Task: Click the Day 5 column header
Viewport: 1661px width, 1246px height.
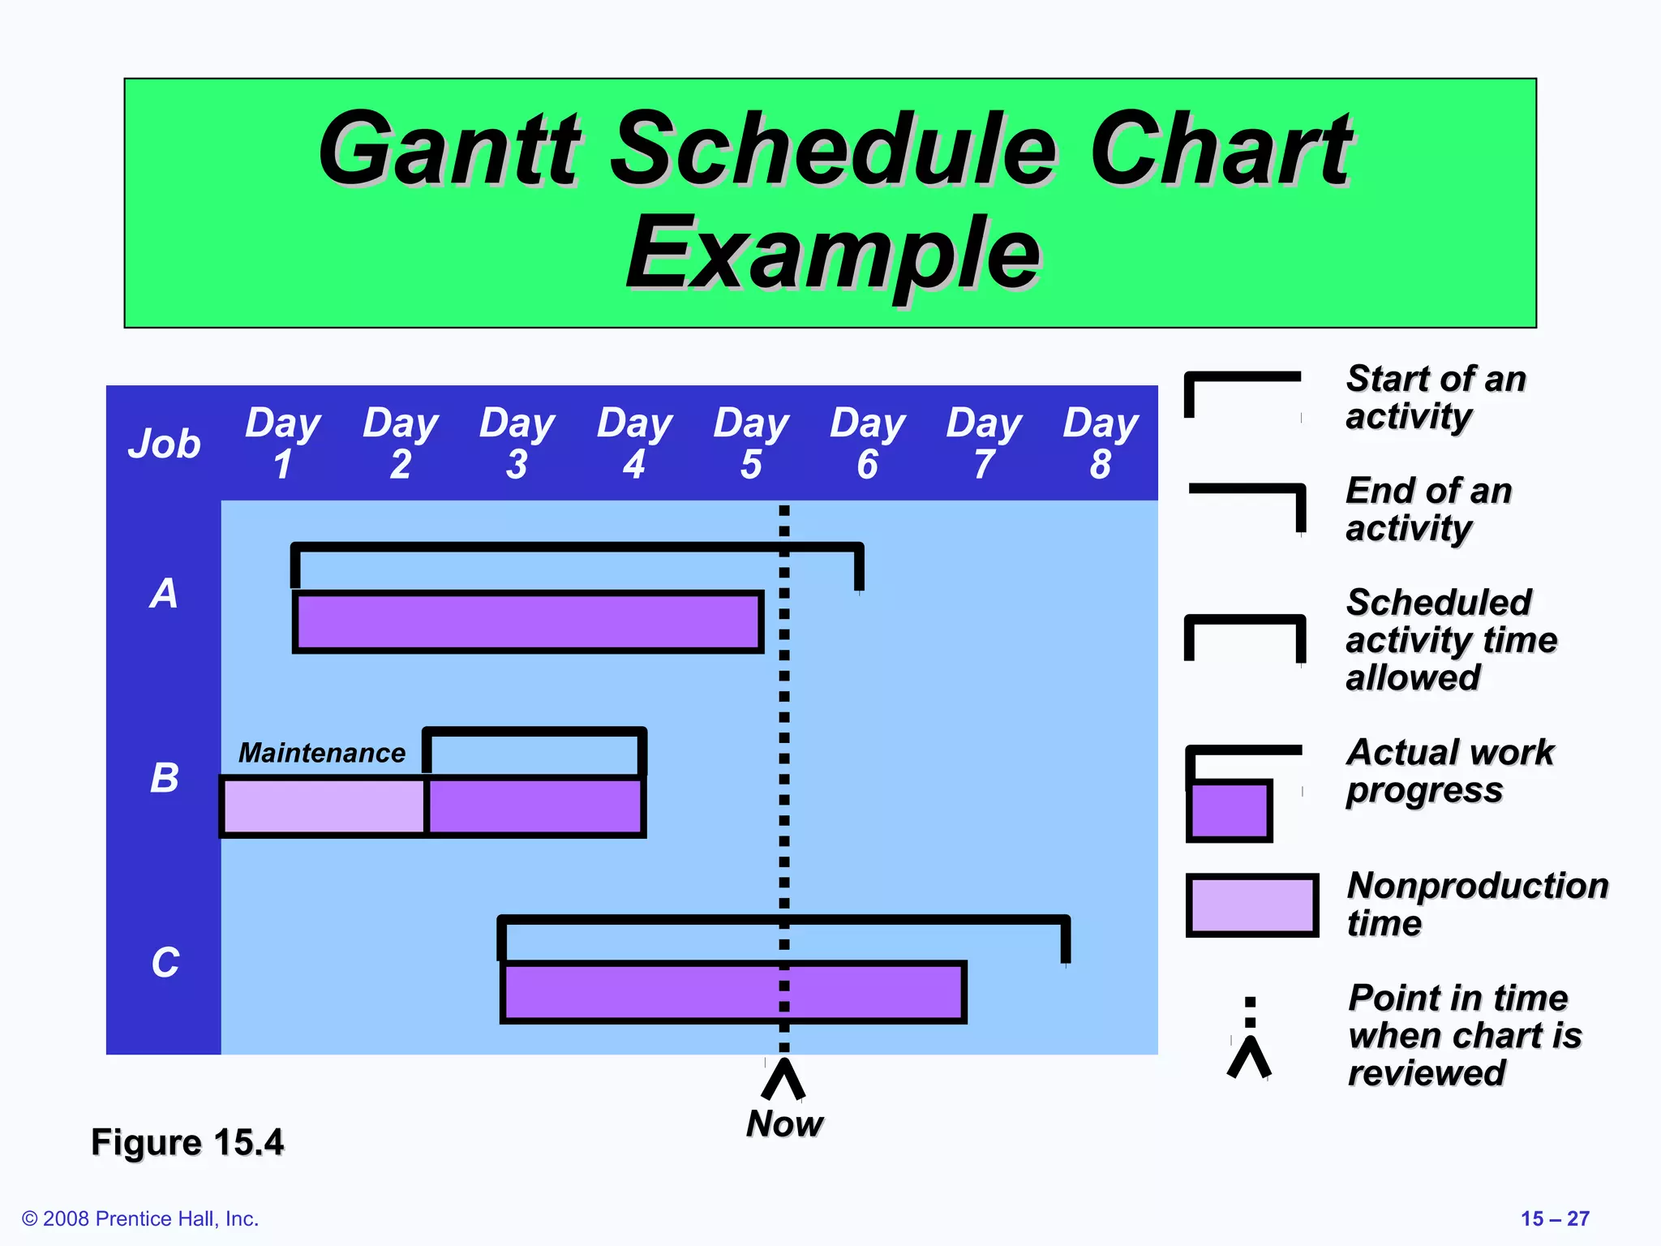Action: (x=751, y=443)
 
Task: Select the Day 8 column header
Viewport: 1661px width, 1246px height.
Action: (x=1101, y=443)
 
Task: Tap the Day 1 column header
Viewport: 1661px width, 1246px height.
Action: (x=283, y=443)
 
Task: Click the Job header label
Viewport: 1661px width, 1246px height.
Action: (x=164, y=444)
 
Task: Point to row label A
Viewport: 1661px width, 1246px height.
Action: (x=164, y=593)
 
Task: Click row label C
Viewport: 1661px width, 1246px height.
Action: (x=165, y=963)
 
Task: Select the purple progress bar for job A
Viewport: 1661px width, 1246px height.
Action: (x=527, y=622)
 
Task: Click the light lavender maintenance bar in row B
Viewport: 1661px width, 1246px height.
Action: (x=324, y=806)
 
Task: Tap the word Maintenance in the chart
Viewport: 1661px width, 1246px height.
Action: (x=322, y=753)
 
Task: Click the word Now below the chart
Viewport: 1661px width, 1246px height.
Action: (x=784, y=1124)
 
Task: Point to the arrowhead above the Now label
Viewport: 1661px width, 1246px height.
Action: (x=783, y=1078)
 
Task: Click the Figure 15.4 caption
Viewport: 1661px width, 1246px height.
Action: (x=187, y=1142)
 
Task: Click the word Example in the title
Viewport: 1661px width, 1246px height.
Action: (x=833, y=254)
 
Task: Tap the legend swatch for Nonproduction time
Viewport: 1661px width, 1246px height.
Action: (x=1251, y=904)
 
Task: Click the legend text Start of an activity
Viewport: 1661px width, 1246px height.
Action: (x=1436, y=397)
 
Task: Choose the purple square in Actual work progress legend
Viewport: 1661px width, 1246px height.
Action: (x=1229, y=811)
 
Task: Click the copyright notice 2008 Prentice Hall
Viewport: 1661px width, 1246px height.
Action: (x=140, y=1218)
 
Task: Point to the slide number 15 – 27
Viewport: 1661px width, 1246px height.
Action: (x=1554, y=1218)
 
